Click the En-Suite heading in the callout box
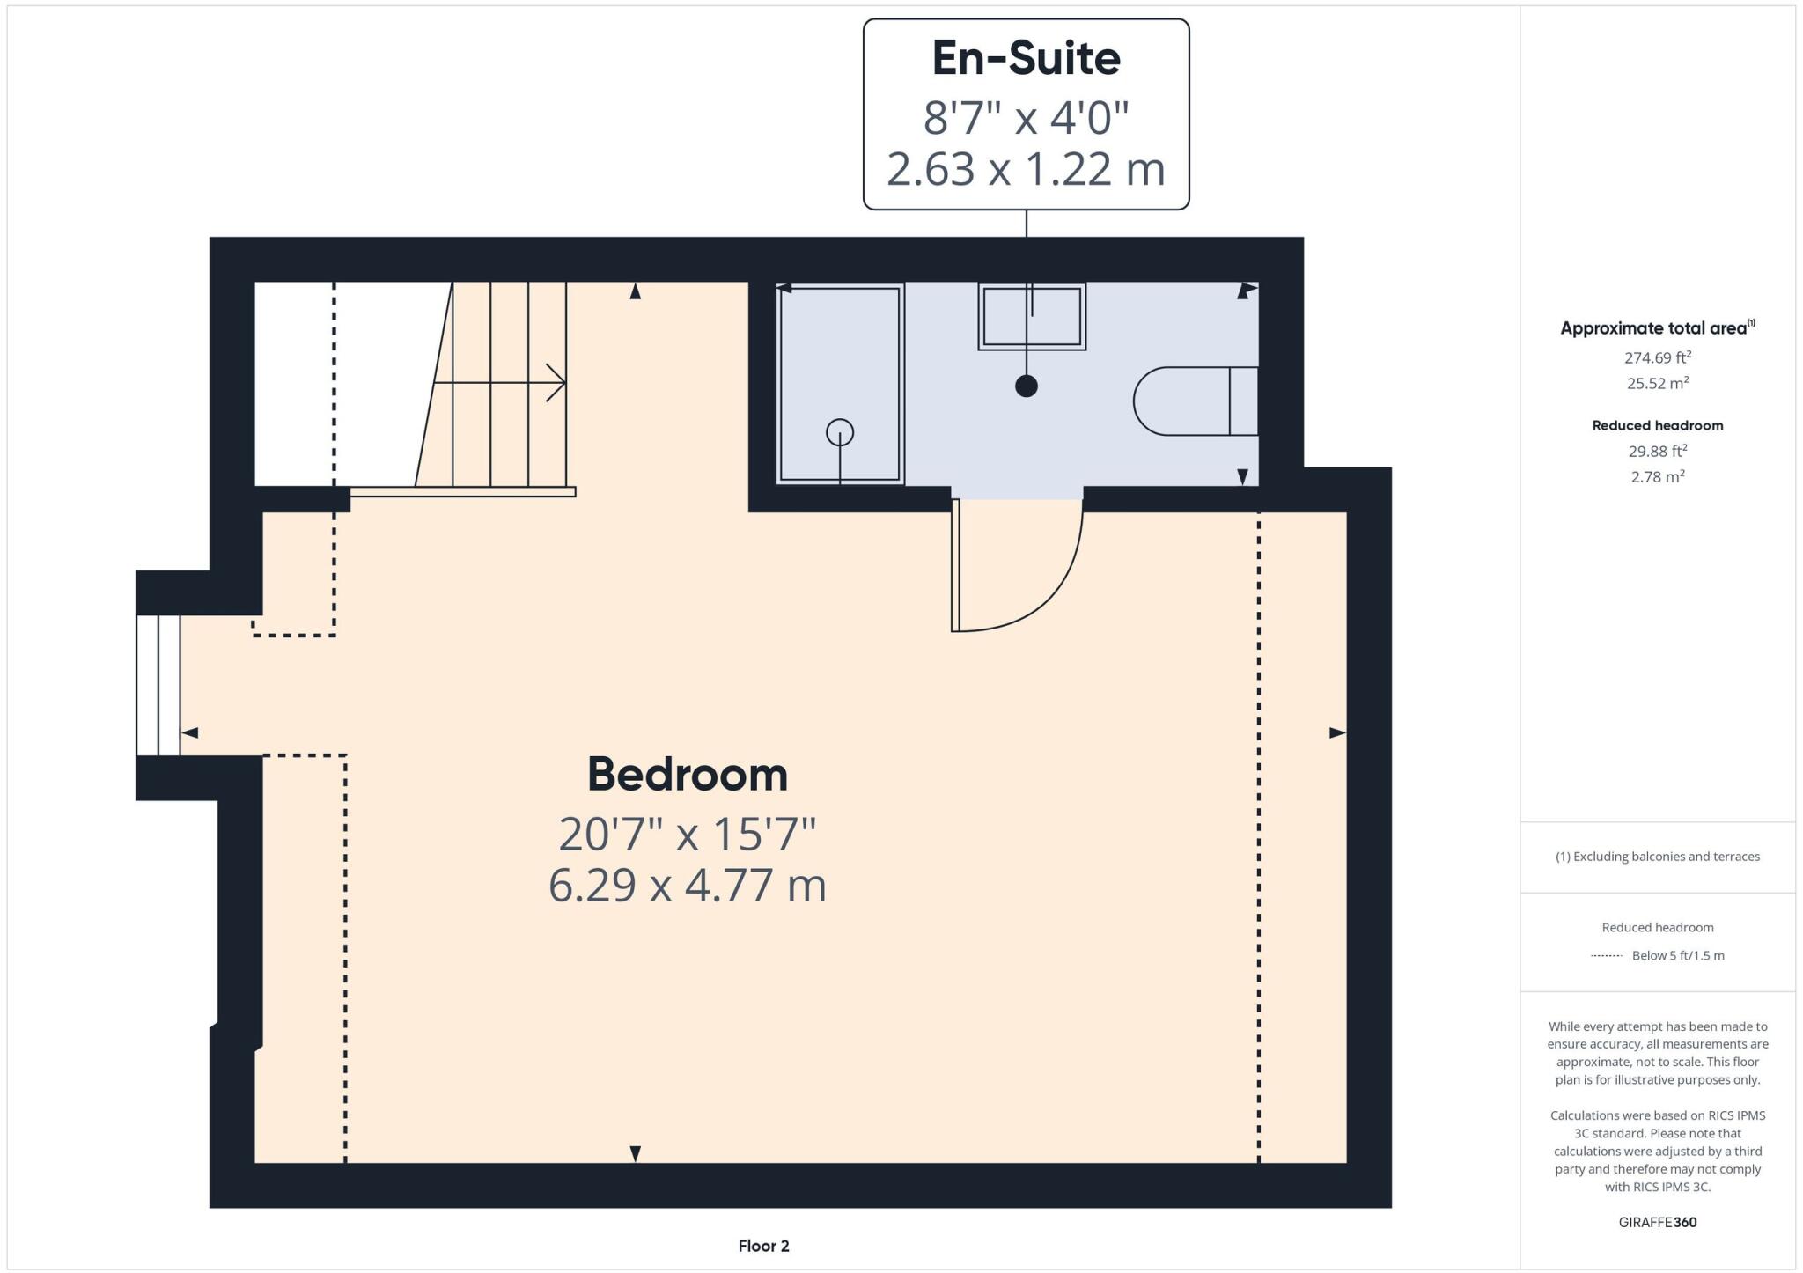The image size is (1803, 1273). click(1026, 59)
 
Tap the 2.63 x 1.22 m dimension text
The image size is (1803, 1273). click(1026, 169)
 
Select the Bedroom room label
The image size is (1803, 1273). click(687, 775)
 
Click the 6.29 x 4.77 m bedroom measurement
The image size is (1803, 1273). click(687, 886)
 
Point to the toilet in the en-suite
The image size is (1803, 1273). click(1193, 401)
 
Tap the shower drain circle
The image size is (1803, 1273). click(840, 432)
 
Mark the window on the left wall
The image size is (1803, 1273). click(158, 685)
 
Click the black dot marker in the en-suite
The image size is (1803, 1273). click(1027, 386)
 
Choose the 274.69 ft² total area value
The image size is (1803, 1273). click(1658, 357)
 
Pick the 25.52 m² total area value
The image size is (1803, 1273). click(1658, 383)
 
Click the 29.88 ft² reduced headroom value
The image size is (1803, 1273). click(1658, 451)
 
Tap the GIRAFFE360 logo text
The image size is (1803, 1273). click(1658, 1222)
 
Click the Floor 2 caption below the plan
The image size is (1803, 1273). click(763, 1246)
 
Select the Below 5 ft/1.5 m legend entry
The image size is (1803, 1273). click(1677, 955)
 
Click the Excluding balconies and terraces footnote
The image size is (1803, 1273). click(1658, 857)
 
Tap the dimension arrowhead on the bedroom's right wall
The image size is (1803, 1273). click(1337, 732)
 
